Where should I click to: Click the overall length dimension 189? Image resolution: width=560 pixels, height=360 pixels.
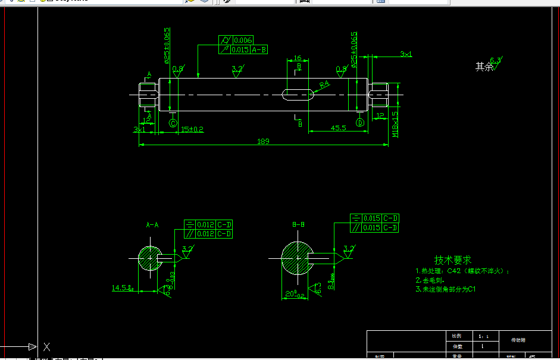coord(263,141)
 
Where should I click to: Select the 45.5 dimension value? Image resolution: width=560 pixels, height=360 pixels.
coord(339,128)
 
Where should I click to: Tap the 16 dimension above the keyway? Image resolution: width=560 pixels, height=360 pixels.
coord(298,58)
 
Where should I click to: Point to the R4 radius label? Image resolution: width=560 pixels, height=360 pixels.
coord(324,84)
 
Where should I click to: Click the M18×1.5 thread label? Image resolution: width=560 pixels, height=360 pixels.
coord(395,124)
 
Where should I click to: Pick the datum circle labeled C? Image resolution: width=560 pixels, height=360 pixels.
coord(173,123)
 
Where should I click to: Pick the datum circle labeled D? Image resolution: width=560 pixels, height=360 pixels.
coord(360,123)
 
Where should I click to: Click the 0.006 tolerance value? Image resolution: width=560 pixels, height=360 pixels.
coord(243,40)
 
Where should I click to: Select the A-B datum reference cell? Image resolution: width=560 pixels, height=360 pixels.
coord(259,50)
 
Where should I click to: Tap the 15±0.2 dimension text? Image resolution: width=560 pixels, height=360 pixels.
coord(192,129)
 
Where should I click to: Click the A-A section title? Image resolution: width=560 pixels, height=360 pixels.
coord(152,225)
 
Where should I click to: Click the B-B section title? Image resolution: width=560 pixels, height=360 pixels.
coord(298,224)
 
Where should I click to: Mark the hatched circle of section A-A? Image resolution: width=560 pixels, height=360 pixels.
coord(149,258)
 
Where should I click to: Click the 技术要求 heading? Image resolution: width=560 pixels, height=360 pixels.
coord(453,260)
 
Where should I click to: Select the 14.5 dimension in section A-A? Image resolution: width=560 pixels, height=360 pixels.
coord(121,288)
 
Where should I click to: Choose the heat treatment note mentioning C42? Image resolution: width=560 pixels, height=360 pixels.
coord(462,271)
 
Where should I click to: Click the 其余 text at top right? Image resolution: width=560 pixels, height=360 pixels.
coord(484,67)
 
